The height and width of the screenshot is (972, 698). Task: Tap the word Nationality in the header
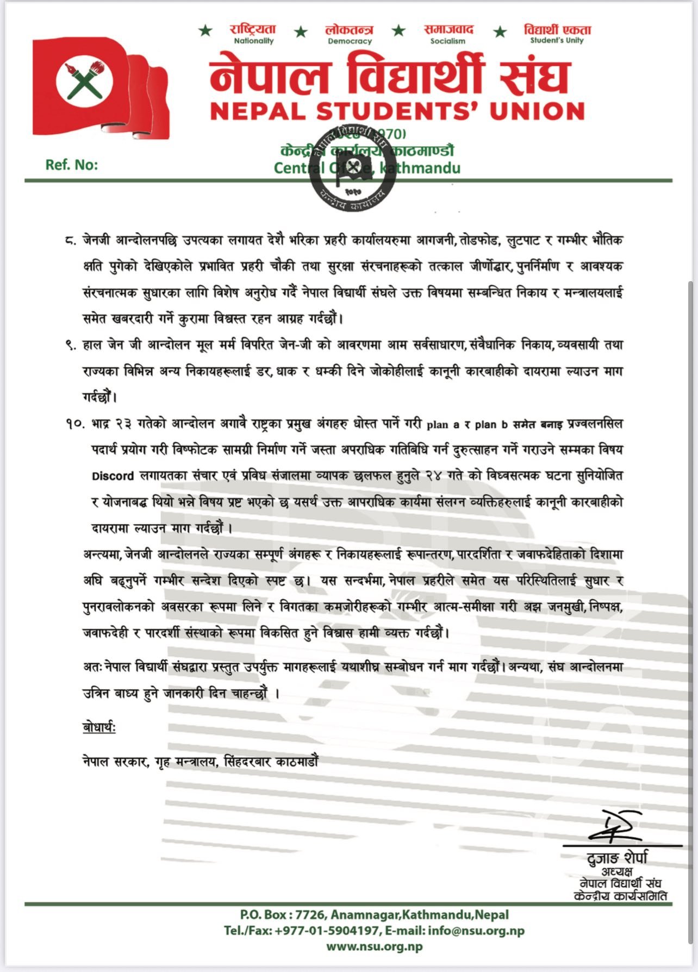[253, 41]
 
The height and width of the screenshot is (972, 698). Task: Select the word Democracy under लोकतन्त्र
[350, 41]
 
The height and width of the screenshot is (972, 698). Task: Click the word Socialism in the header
[447, 41]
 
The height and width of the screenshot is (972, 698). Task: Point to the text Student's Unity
[557, 41]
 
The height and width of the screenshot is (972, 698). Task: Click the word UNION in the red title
[537, 111]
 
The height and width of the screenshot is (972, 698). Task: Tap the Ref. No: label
[72, 165]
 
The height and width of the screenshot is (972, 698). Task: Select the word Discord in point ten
[113, 476]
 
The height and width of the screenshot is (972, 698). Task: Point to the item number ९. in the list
[71, 346]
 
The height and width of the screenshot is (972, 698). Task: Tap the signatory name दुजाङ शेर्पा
[618, 858]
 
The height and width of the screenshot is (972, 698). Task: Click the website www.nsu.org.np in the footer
[374, 946]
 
